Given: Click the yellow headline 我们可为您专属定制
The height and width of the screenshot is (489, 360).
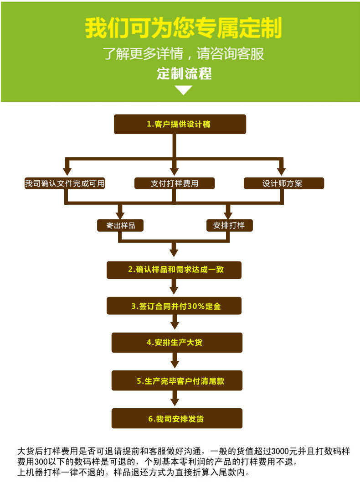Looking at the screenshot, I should click(x=183, y=28).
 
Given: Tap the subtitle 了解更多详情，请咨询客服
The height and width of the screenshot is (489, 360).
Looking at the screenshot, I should click(x=183, y=54).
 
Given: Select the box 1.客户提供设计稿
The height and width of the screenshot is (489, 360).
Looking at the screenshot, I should click(x=180, y=124).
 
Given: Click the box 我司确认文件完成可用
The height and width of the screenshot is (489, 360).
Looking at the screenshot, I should click(x=65, y=183).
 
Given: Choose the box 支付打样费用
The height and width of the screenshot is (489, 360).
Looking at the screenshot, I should click(x=175, y=183).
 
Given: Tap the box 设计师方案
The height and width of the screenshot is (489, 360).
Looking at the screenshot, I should click(x=283, y=183).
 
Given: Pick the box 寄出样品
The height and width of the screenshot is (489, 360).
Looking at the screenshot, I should click(x=120, y=225).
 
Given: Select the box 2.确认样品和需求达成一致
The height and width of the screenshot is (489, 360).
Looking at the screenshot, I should click(x=174, y=270).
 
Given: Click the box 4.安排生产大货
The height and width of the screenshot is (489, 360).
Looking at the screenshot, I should click(x=176, y=343).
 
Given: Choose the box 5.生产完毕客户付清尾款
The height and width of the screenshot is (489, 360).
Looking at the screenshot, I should click(x=176, y=380).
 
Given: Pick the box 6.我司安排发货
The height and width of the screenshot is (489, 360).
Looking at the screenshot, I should click(x=176, y=418).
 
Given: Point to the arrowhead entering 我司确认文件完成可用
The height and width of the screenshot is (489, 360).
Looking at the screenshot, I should click(x=67, y=171).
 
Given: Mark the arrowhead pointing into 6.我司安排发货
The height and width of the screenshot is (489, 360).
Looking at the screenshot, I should click(x=174, y=402).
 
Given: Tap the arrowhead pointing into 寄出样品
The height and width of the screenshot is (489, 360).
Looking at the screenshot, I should click(x=120, y=214).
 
